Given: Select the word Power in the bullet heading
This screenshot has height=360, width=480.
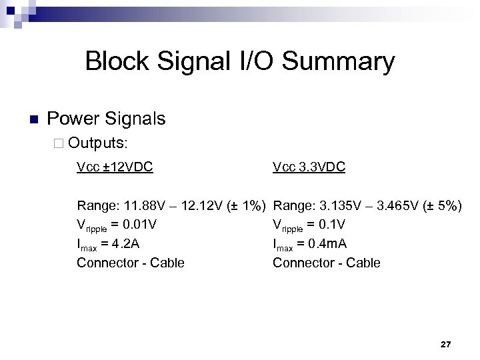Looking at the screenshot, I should click(x=72, y=119).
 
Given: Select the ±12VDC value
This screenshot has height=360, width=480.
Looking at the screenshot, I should click(x=126, y=167).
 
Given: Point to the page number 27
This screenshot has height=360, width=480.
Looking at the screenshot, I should click(x=446, y=344).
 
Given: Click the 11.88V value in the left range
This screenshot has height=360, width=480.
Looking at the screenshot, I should click(x=135, y=205).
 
